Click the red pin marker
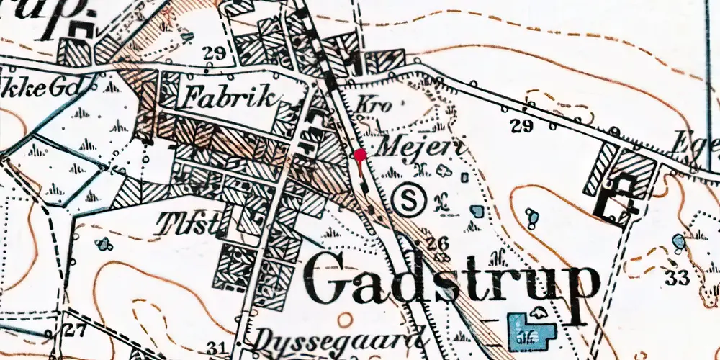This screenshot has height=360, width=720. click(359, 155)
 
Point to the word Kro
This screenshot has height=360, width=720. click(374, 105)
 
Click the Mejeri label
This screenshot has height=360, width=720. click(424, 148)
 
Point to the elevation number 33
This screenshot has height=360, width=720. click(677, 277)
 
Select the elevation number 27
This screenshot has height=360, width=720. click(74, 330)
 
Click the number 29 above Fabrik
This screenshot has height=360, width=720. click(215, 52)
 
